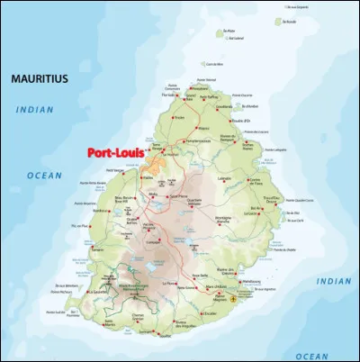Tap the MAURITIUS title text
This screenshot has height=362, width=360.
click(39, 79)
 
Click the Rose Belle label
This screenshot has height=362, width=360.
click(199, 275)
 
